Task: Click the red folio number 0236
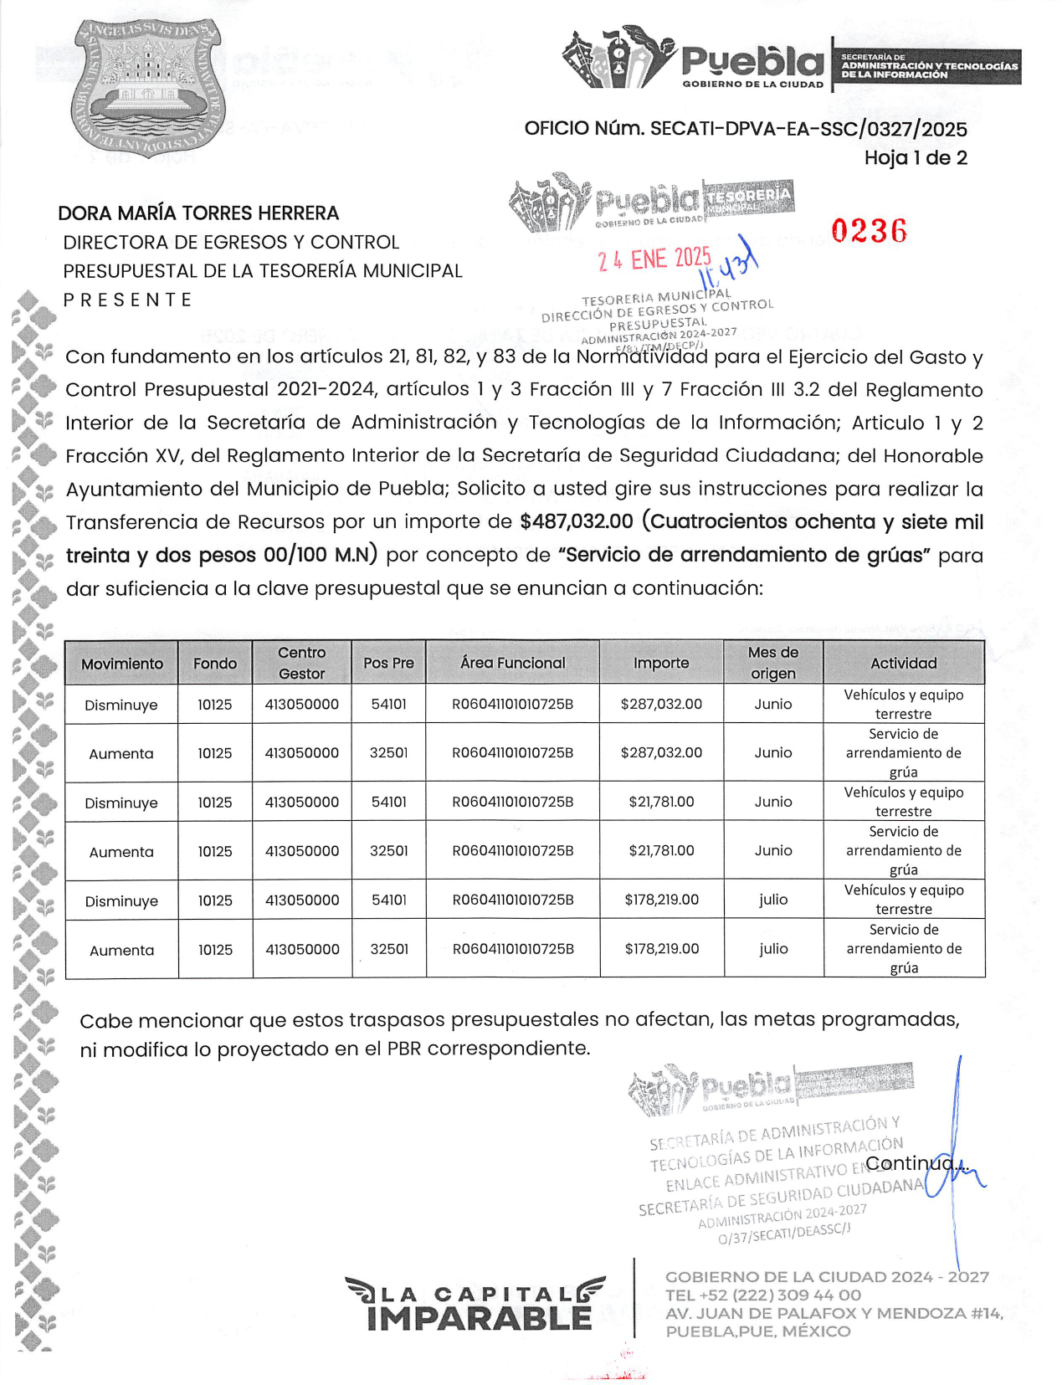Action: pos(869,231)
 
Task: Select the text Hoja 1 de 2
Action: pos(916,157)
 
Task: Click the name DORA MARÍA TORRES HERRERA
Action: pos(198,213)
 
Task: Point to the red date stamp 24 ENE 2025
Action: pos(654,259)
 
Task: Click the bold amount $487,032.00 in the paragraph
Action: pos(577,521)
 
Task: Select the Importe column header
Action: pos(661,663)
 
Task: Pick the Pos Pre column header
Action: pos(388,663)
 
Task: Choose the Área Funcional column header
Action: pos(512,663)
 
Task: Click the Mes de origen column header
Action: pos(773,663)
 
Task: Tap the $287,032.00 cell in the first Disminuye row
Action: pos(661,704)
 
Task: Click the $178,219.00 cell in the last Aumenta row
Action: pos(661,949)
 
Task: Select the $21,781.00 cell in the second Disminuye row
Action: pos(661,802)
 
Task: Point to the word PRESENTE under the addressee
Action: pos(127,300)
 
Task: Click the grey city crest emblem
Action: pos(148,87)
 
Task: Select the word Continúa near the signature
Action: pos(916,1163)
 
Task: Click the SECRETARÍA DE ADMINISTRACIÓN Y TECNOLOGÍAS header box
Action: pos(928,66)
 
